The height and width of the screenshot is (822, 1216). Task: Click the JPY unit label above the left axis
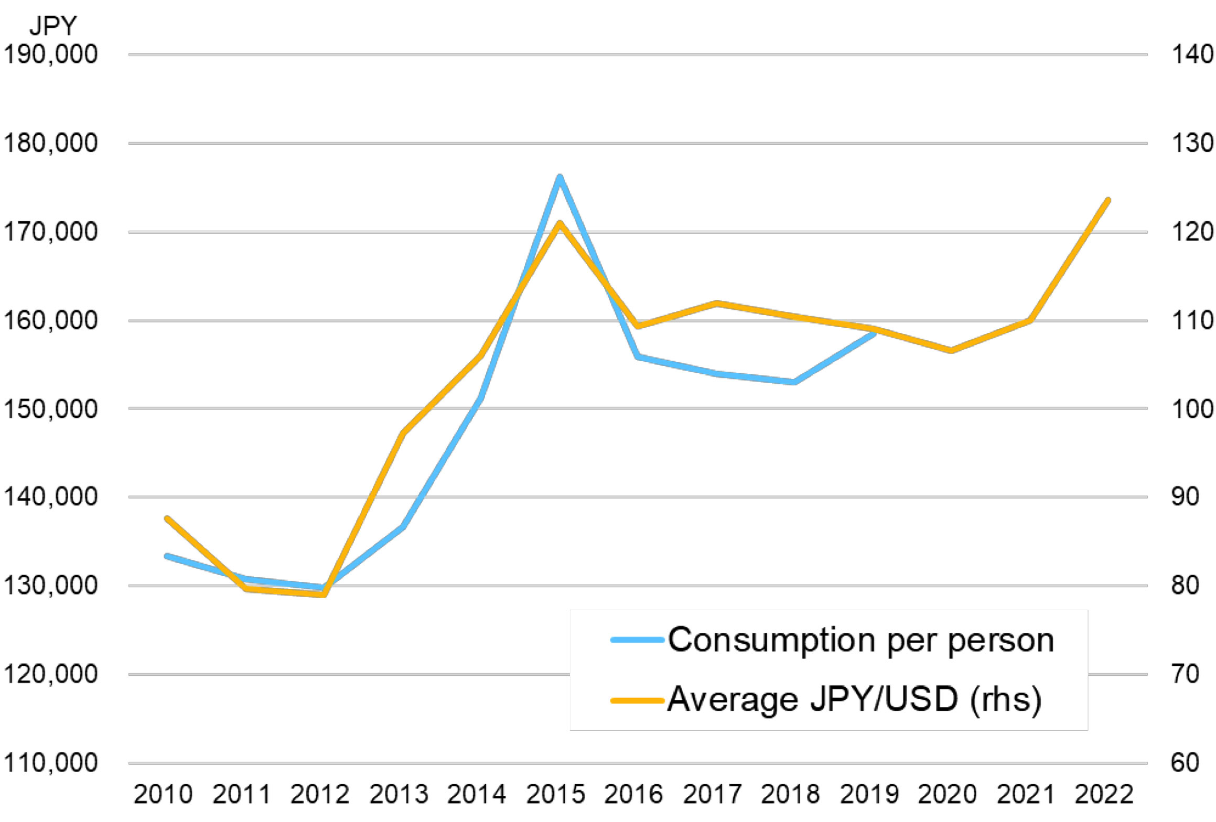(53, 25)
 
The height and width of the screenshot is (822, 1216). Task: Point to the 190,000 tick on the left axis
(50, 55)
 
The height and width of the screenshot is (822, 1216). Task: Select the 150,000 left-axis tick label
(50, 409)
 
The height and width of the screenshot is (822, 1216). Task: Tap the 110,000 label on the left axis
(50, 763)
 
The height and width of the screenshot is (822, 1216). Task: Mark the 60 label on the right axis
(1185, 763)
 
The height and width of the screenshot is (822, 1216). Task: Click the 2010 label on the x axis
(163, 795)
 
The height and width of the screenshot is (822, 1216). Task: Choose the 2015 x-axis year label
(555, 795)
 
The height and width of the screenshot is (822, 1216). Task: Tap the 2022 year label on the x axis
(1104, 795)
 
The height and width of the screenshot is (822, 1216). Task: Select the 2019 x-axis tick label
(869, 795)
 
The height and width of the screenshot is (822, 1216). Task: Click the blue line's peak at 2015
(559, 177)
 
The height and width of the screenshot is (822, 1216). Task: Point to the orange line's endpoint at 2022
(1108, 200)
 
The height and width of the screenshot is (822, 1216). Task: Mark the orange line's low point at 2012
(324, 594)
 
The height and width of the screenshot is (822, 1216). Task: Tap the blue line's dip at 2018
(794, 382)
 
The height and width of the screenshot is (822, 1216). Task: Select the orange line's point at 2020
(951, 350)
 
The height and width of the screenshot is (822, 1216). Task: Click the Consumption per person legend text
(860, 640)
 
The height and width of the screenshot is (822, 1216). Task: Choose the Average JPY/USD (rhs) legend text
(854, 699)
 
